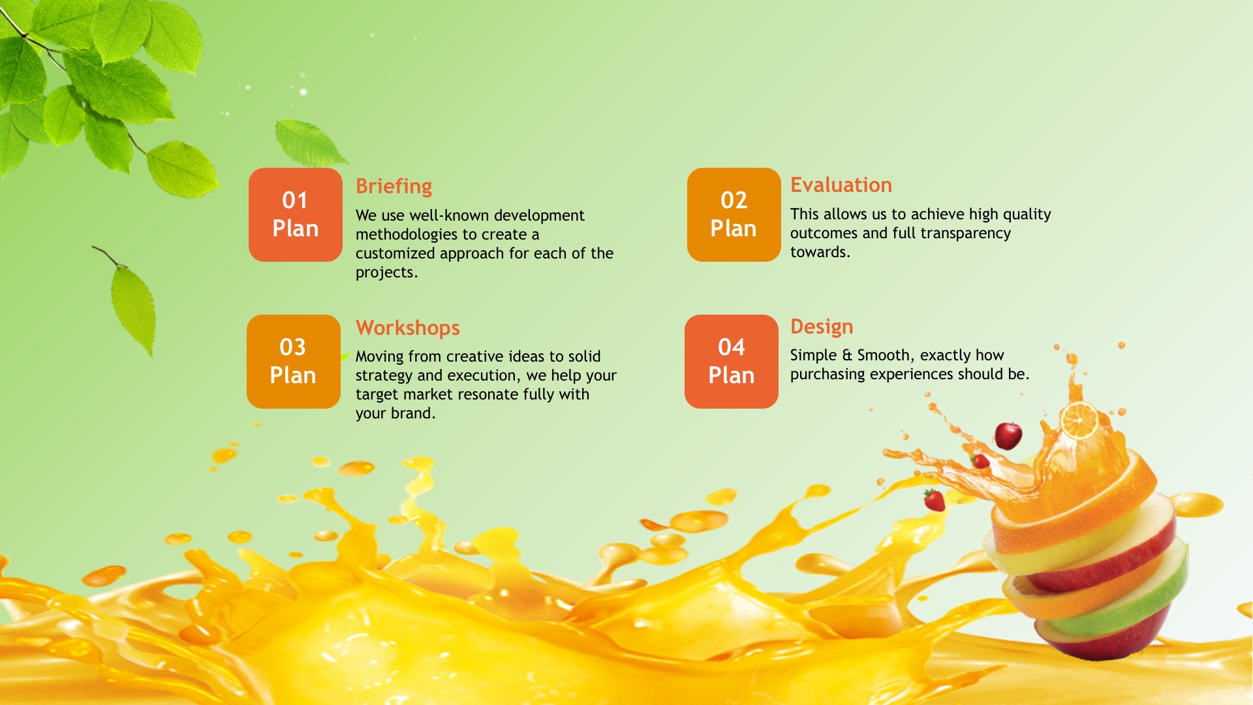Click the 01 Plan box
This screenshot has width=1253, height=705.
pyautogui.click(x=295, y=215)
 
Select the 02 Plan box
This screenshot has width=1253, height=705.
pyautogui.click(x=734, y=215)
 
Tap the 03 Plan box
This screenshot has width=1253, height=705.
pyautogui.click(x=294, y=362)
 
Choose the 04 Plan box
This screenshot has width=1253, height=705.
pyautogui.click(x=732, y=362)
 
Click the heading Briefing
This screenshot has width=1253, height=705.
pyautogui.click(x=394, y=187)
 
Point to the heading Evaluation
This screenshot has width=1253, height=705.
pyautogui.click(x=841, y=185)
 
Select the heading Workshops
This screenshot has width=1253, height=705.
pyautogui.click(x=408, y=328)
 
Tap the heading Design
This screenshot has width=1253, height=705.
pyautogui.click(x=822, y=327)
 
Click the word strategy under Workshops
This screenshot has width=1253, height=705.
pyautogui.click(x=384, y=376)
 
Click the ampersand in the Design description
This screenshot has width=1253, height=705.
pyautogui.click(x=847, y=355)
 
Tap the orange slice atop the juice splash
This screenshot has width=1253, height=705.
pyautogui.click(x=1079, y=420)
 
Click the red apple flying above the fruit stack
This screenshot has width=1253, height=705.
pyautogui.click(x=1008, y=435)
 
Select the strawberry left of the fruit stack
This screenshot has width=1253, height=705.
pyautogui.click(x=935, y=501)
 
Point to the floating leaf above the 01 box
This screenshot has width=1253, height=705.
pyautogui.click(x=308, y=142)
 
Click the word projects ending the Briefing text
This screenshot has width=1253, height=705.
pyautogui.click(x=385, y=273)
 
